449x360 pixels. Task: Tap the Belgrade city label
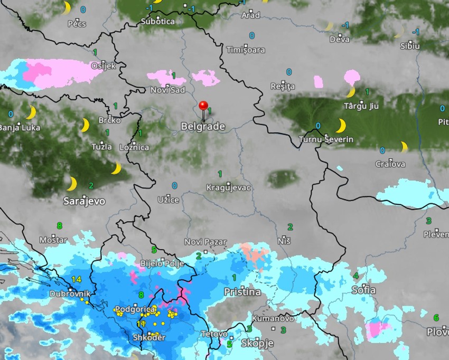[203, 127]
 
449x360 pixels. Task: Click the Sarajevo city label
[84, 201]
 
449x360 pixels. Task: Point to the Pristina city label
[242, 292]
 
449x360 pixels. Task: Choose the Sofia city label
[363, 290]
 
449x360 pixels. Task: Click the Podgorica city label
[135, 309]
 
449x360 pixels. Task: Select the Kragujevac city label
[228, 188]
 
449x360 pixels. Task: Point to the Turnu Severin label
[326, 140]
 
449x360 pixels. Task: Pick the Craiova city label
[390, 164]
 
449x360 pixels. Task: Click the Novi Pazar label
[205, 242]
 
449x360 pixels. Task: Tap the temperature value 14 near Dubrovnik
[76, 279]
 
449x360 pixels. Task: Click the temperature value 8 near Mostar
[59, 225]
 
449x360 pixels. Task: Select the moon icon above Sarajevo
[71, 184]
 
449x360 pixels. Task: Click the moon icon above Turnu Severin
[341, 126]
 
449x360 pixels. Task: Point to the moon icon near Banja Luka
[31, 113]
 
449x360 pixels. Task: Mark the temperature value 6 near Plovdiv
[436, 317]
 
